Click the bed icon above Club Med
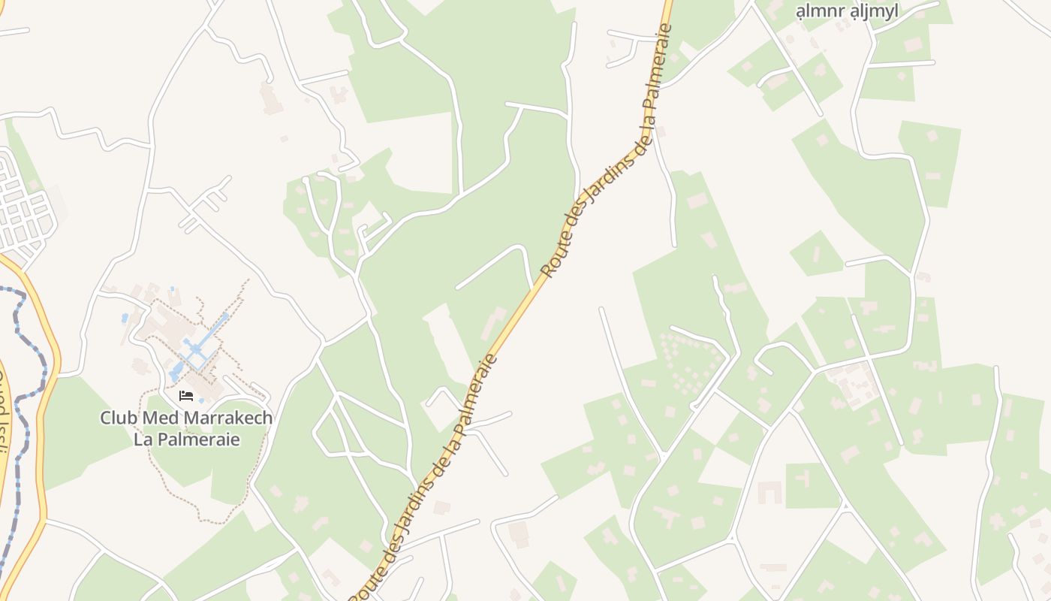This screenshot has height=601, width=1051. coord(186,395)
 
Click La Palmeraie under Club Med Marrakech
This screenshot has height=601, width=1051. coord(187,439)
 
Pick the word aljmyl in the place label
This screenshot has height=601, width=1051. coord(875,11)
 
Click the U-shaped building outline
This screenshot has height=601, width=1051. coord(769,493)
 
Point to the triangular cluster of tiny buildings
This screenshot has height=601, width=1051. coord(679,361)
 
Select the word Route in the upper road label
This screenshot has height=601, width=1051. coord(556,252)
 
